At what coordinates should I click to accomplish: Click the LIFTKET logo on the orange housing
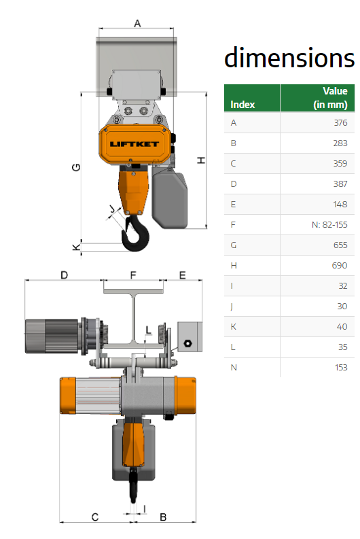coord(134,144)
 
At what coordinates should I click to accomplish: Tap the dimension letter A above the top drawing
coord(137,23)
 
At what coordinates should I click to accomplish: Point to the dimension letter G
coord(76,167)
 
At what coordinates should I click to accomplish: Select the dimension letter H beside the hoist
coord(201,160)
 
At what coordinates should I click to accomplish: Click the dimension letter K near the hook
coord(76,247)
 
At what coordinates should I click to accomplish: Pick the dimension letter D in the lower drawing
coord(65,275)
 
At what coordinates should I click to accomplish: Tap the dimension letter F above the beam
coord(133,275)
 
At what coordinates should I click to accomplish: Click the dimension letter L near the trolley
coord(148,330)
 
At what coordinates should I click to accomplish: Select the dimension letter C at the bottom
coord(95,517)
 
